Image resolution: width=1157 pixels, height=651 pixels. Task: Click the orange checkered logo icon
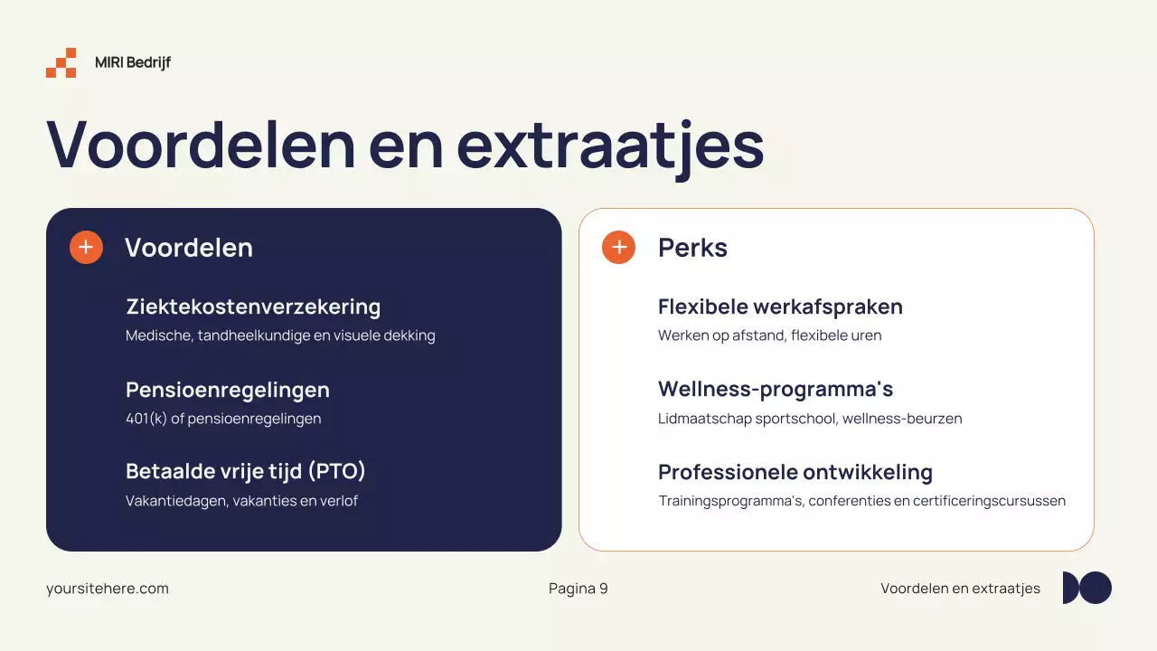pos(61,62)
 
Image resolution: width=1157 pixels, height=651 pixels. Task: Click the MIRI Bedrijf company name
pos(133,62)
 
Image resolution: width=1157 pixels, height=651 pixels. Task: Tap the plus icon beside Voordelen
pos(86,247)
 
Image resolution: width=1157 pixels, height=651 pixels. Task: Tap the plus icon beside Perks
pos(619,247)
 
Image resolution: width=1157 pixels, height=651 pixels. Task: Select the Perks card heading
pos(692,248)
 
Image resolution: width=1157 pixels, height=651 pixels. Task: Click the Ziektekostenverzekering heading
pos(253,307)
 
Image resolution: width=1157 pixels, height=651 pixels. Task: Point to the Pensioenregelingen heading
pos(228,390)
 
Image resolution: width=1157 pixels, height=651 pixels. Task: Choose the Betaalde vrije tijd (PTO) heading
pos(246,471)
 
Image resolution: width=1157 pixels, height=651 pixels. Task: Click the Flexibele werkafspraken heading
pos(780,307)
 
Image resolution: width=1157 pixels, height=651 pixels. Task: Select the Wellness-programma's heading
pos(776,390)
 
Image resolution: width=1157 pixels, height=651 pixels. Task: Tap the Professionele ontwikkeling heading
pos(795,472)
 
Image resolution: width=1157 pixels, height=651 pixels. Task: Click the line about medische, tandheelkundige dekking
pos(280,335)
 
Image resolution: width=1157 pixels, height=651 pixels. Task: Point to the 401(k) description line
pos(223,419)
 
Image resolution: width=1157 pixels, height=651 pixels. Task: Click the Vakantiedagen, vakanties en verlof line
pos(241,500)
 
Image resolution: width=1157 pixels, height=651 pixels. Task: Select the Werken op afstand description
pos(769,335)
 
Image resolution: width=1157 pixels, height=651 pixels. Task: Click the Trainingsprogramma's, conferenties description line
pos(861,500)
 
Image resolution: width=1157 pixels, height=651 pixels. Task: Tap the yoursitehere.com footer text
pos(108,589)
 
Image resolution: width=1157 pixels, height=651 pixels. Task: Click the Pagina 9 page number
pos(578,589)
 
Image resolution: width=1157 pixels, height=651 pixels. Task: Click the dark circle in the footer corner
pos(1096,588)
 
